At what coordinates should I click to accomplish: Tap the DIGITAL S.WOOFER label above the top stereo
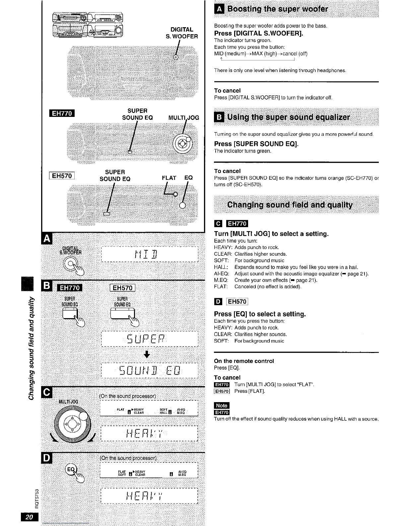181,33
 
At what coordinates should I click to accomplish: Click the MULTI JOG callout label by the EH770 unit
183,118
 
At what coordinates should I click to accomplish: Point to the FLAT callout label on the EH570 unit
169,178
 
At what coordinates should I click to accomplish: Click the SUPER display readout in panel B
149,339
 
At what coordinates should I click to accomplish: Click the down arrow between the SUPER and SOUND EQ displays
147,355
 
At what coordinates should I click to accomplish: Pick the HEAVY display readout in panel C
149,433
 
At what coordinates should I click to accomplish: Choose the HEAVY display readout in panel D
149,496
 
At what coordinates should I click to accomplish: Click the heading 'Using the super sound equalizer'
288,117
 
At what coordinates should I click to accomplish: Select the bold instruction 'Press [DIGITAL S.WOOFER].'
259,34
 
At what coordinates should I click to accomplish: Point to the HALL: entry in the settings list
221,267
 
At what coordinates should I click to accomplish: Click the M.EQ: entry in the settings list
221,280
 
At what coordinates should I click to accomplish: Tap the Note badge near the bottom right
222,405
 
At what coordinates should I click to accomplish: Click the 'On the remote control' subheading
244,361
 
